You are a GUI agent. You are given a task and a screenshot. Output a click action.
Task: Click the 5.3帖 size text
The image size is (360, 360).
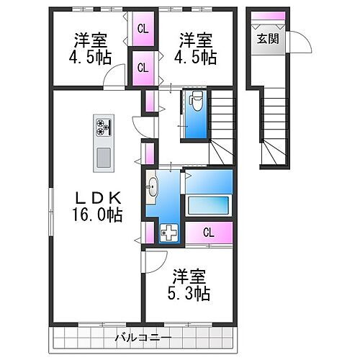pos(191,293)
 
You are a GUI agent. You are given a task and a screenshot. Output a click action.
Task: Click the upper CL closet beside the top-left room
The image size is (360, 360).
pos(143,29)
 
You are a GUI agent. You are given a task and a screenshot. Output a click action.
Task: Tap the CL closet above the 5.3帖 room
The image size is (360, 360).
pos(208,232)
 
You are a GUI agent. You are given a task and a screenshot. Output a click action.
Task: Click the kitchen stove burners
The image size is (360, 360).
pos(102,128)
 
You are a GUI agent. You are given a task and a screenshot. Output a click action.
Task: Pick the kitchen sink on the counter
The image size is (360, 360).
pos(102,156)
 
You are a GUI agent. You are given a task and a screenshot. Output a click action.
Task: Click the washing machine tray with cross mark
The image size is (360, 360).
pos(168,233)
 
